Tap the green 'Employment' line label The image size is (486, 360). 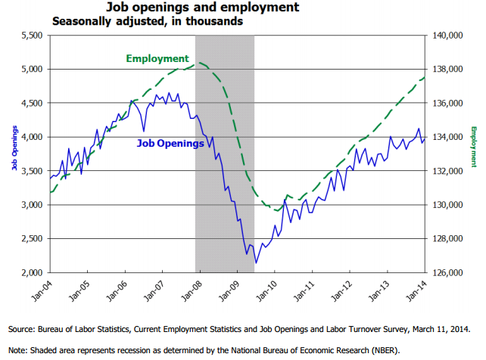[157, 58]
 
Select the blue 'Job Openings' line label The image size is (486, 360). [170, 143]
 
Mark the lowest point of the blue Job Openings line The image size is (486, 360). [257, 262]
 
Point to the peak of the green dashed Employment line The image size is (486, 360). [196, 64]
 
